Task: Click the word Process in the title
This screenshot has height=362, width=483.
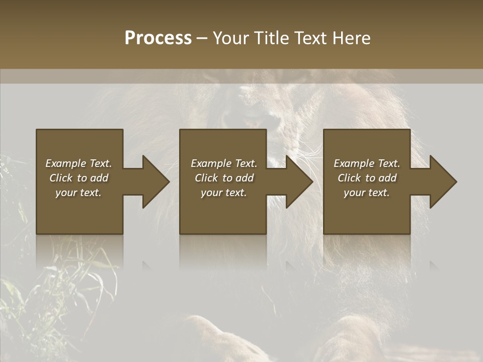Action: [158, 38]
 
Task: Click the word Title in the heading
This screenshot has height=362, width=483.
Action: [270, 38]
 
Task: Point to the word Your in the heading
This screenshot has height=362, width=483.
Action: [230, 38]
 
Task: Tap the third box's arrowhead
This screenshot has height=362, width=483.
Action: [442, 182]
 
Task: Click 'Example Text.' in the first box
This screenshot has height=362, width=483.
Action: [79, 163]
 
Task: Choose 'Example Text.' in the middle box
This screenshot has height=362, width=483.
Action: [224, 163]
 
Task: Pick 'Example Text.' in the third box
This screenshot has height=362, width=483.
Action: [367, 163]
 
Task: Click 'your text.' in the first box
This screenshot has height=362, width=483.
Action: [78, 193]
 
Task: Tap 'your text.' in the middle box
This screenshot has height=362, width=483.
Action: [224, 193]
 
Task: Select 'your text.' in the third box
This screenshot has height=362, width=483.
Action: [367, 193]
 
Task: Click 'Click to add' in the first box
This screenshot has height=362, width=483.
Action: [79, 178]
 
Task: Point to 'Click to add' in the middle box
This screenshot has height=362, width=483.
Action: [224, 178]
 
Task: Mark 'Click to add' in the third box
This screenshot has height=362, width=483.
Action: [367, 178]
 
